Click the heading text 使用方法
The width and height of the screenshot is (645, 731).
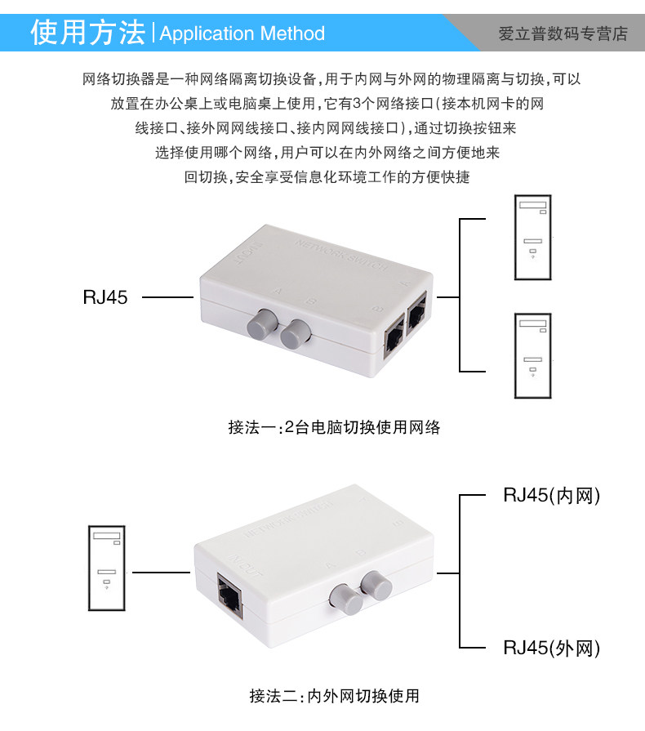[x=88, y=33]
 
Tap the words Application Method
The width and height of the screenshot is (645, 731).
[x=242, y=33]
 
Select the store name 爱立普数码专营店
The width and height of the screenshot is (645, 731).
[x=563, y=33]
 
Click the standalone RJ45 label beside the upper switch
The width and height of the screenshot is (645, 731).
[x=105, y=297]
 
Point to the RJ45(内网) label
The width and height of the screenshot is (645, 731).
[x=552, y=495]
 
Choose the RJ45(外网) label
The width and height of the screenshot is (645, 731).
[x=552, y=649]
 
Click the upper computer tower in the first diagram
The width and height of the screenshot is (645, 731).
[x=532, y=237]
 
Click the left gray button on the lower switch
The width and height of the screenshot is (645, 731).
[x=345, y=600]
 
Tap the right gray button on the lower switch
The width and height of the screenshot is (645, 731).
[x=377, y=584]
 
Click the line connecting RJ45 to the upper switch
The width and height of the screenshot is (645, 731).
[x=167, y=298]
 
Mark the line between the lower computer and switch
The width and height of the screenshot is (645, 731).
[x=161, y=572]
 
